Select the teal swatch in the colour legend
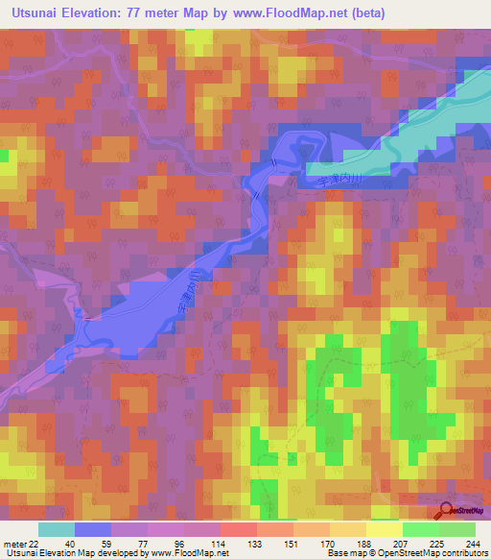pyautogui.click(x=57, y=529)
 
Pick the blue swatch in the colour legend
pyautogui.click(x=93, y=529)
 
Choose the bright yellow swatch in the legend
pyautogui.click(x=385, y=529)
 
